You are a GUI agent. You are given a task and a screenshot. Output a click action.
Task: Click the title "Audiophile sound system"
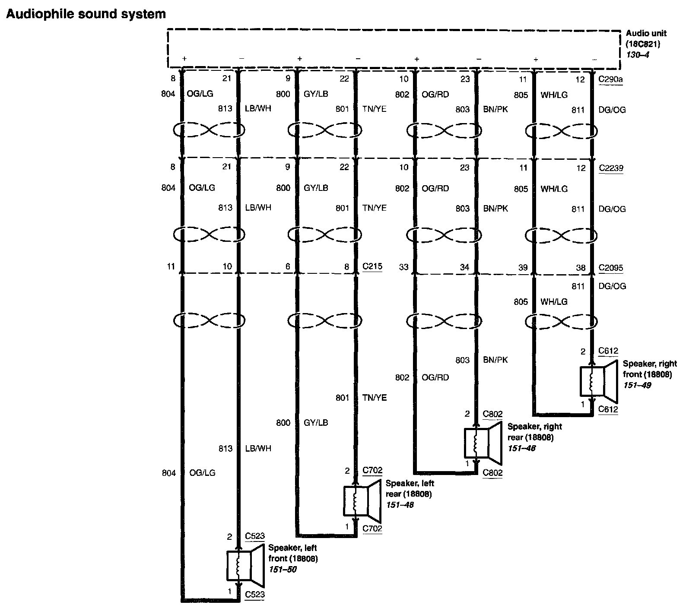86,14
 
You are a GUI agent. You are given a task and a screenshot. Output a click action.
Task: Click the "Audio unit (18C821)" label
646,38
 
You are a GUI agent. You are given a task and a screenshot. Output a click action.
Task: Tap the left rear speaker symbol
362,500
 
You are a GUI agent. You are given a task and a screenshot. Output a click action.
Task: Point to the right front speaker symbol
597,381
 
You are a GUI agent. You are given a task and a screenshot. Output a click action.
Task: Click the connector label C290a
610,80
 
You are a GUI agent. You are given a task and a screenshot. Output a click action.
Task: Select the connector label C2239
611,168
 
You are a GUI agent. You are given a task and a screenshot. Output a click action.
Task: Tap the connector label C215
372,266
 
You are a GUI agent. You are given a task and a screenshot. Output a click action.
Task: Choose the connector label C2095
611,268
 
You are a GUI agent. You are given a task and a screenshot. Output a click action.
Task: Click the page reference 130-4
635,55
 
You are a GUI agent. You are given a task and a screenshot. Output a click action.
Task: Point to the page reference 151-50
283,570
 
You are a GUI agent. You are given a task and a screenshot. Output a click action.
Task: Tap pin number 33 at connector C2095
403,267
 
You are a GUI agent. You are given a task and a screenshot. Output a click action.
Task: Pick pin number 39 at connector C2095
523,268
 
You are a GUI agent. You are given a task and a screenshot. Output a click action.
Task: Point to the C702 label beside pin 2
372,471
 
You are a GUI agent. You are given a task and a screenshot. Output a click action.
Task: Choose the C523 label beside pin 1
254,595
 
